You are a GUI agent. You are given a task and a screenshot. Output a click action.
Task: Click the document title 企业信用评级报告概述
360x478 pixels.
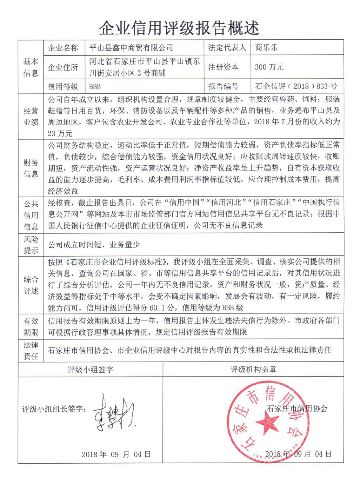(x=179, y=28)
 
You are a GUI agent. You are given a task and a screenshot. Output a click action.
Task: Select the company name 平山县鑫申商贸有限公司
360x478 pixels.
(x=131, y=47)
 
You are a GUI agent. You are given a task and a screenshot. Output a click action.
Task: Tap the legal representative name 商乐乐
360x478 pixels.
(x=266, y=47)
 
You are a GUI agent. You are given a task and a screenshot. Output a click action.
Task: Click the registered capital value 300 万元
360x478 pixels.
(x=269, y=67)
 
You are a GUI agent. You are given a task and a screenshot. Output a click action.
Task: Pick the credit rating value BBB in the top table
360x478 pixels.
(x=95, y=86)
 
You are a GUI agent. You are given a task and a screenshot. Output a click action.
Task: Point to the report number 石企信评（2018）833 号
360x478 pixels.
(x=296, y=86)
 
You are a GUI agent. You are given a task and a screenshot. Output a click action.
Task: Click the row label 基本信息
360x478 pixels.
(x=31, y=67)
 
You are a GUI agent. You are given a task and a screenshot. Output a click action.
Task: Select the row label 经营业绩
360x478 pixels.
(x=31, y=117)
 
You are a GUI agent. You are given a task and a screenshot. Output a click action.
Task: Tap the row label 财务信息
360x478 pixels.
(x=31, y=168)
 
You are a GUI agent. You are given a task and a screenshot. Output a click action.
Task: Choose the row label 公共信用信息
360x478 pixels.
(x=31, y=215)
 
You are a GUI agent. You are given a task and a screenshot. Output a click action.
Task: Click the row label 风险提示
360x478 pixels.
(x=31, y=245)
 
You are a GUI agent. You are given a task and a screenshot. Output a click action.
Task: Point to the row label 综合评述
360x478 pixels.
(x=31, y=285)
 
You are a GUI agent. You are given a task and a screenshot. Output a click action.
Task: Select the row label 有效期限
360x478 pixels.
(x=31, y=326)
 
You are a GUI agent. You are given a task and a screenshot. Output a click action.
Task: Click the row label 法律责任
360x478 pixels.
(x=31, y=350)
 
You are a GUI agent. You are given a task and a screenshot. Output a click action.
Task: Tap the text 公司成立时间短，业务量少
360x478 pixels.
(x=94, y=245)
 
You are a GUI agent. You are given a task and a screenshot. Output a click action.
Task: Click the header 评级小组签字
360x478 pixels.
(x=91, y=369)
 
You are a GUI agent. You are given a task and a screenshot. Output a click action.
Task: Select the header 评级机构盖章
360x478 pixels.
(x=253, y=369)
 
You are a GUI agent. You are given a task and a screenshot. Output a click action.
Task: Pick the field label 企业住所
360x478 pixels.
(x=63, y=67)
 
